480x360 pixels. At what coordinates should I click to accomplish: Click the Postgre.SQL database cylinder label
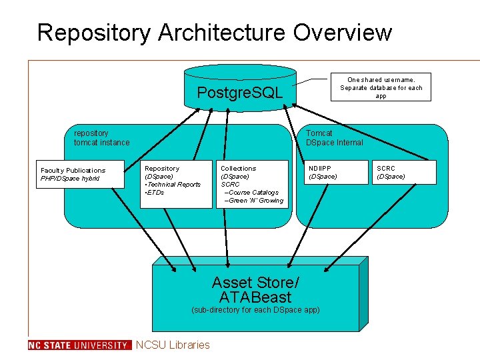tap(240, 92)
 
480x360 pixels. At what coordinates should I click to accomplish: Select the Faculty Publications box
tap(81, 175)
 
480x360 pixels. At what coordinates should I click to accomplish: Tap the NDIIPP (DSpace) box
tap(333, 173)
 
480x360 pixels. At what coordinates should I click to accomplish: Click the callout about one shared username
tap(381, 87)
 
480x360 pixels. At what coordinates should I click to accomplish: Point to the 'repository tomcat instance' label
tap(101, 138)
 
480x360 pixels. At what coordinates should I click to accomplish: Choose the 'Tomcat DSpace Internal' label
tap(334, 138)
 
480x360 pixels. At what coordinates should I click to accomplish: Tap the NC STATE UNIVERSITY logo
tap(80, 345)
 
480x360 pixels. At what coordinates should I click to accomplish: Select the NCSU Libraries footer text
tap(173, 345)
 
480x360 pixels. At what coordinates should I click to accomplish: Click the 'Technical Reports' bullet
tap(173, 185)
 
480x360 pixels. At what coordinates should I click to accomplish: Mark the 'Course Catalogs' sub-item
tap(252, 193)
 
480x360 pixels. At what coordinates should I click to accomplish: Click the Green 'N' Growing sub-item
tap(255, 201)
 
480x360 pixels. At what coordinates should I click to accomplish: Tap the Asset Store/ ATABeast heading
tap(255, 290)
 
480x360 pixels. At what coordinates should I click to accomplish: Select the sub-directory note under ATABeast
tap(255, 310)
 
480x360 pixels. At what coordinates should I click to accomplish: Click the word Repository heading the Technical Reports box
tap(162, 169)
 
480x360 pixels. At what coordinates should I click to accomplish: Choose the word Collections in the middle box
tap(238, 169)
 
